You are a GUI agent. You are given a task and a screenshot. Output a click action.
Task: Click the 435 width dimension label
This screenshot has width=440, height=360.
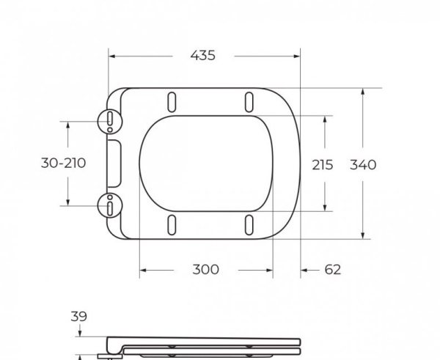click(x=203, y=56)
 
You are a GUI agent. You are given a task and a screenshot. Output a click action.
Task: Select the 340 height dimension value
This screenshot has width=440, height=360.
click(x=362, y=164)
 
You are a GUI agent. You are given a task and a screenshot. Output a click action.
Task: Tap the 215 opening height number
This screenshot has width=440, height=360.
click(x=322, y=164)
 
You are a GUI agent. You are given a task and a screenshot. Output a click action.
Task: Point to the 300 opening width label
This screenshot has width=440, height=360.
click(x=205, y=270)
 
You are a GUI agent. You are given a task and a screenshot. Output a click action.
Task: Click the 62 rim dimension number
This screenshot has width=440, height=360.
click(x=332, y=270)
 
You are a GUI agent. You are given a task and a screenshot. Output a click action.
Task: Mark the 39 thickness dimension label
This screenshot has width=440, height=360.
click(x=78, y=317)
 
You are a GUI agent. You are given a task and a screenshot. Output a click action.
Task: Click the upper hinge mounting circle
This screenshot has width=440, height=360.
click(x=109, y=120)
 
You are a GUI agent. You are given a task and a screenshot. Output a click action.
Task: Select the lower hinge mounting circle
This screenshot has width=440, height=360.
click(x=109, y=205)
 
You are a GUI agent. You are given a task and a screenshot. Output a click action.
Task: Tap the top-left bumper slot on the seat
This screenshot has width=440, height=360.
click(x=172, y=100)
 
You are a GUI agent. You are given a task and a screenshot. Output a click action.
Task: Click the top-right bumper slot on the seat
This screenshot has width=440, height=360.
click(x=249, y=100)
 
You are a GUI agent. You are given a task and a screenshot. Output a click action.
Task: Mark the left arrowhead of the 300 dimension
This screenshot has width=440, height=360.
click(x=143, y=270)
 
